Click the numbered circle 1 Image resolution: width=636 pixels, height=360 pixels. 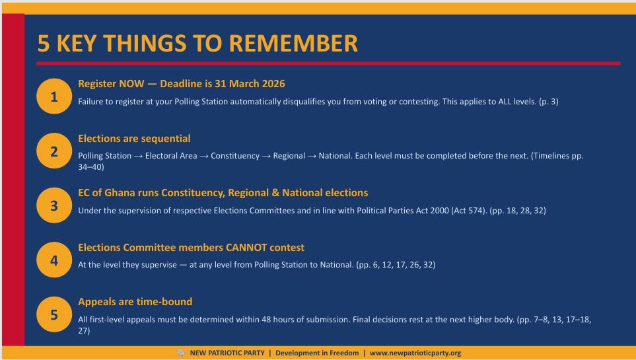coord(54,96)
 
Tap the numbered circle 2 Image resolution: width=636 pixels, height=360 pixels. coord(54,151)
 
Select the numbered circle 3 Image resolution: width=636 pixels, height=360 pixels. coord(54,205)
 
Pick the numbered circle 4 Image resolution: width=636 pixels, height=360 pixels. coord(54,260)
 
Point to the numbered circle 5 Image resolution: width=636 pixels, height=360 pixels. coord(54,314)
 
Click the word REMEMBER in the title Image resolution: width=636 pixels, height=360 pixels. coord(293,44)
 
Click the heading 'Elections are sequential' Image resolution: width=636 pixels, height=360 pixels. coord(134,139)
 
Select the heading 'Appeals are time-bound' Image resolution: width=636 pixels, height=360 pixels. coord(135,302)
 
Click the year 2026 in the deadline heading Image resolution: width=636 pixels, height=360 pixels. coord(273,84)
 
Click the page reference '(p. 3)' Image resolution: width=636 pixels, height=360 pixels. coord(549,102)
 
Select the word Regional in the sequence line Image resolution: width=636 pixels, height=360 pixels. coord(289,156)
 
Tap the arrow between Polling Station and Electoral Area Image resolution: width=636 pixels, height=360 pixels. coord(138,157)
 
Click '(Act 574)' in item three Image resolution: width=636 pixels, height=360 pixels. coord(469,211)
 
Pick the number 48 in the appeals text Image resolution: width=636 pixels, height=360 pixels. coord(266,320)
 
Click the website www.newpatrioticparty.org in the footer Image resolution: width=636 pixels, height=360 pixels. coord(415,353)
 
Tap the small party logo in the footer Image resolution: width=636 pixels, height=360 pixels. coord(181,353)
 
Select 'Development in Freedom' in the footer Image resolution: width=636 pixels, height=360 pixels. coord(317,353)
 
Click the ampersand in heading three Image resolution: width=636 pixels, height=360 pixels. coord(275,193)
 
